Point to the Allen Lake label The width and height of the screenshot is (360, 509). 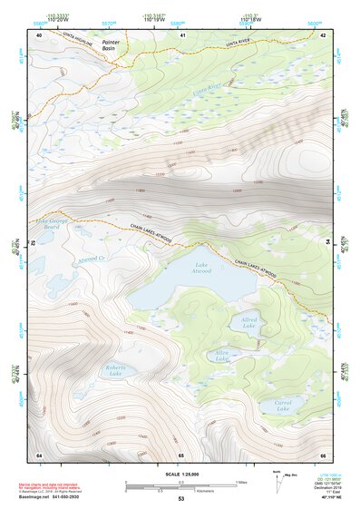(221, 355)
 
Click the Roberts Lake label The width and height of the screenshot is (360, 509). (114, 369)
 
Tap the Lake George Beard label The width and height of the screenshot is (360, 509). (47, 223)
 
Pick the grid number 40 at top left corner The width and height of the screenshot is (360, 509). (40, 34)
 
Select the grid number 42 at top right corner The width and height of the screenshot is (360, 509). (323, 34)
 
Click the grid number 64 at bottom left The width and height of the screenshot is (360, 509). (39, 455)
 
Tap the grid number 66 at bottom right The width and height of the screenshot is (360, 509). (323, 455)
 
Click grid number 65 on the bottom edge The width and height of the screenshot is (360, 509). (181, 455)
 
